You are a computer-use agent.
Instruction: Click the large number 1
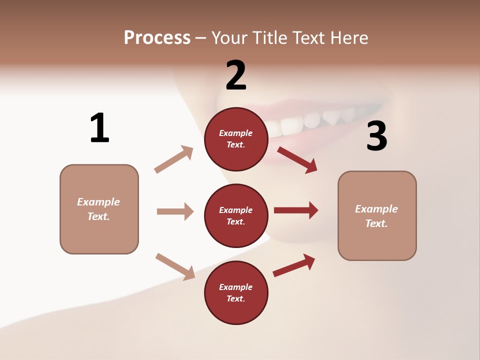point(99,128)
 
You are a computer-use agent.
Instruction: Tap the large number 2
point(236,75)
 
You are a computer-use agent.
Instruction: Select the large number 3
point(376,136)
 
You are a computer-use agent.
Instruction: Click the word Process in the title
point(157,37)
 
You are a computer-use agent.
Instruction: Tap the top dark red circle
point(236,139)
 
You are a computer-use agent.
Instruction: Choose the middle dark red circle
point(236,215)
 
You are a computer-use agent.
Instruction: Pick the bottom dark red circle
point(236,292)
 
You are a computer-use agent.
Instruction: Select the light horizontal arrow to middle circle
point(175,211)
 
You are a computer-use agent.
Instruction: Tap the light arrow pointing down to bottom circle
point(175,266)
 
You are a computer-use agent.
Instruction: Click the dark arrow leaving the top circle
point(297,159)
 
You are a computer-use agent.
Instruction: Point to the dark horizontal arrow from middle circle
point(296,210)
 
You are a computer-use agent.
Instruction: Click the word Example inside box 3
point(376,209)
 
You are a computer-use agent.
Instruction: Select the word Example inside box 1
point(98,202)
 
